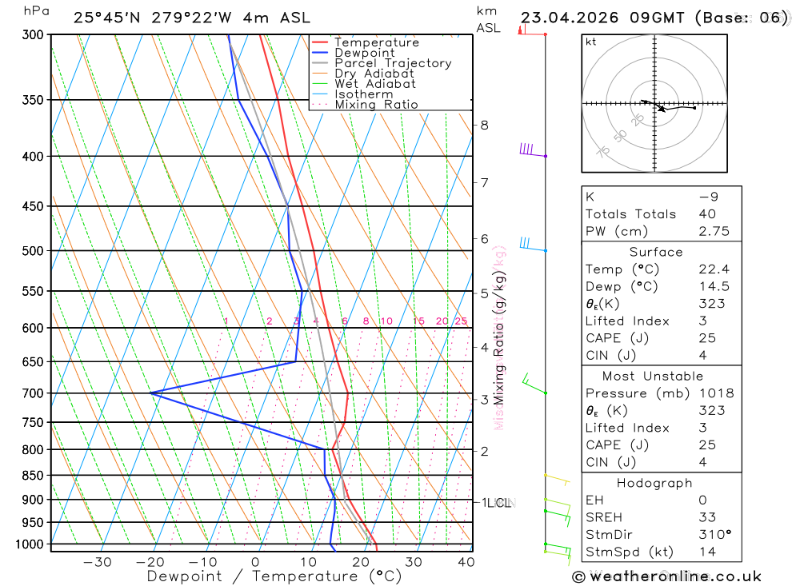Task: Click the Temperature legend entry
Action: [x=376, y=42]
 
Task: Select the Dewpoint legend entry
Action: [x=364, y=53]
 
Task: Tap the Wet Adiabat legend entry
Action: [x=374, y=84]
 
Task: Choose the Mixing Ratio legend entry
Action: [x=376, y=105]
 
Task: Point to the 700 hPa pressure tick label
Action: [x=33, y=393]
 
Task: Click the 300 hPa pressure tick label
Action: [x=33, y=35]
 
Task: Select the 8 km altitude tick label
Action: [x=485, y=125]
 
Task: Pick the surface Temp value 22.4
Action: [x=714, y=269]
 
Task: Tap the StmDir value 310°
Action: [x=716, y=535]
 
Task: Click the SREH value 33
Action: [x=707, y=517]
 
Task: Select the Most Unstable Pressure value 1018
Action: [x=716, y=393]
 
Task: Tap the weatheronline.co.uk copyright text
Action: [x=666, y=576]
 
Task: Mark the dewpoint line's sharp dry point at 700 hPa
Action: [x=150, y=393]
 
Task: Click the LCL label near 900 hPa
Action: [x=499, y=503]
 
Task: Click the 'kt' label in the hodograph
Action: [x=591, y=42]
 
